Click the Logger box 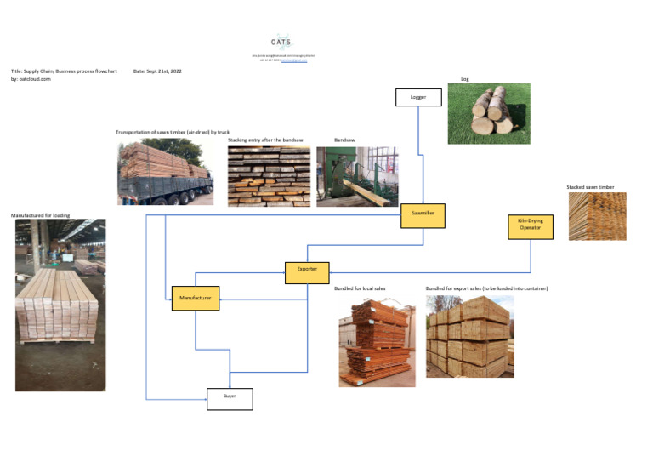[x=418, y=97]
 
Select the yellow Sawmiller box [x=423, y=216]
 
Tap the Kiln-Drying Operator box [x=530, y=225]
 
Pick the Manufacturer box [x=196, y=297]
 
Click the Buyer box [x=230, y=397]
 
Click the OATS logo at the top [x=281, y=42]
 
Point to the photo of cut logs [x=489, y=113]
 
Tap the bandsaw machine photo [x=356, y=176]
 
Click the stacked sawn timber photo [x=597, y=216]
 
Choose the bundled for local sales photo [x=377, y=341]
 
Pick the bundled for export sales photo [x=469, y=337]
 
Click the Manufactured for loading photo [x=60, y=305]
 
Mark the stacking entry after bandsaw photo [x=269, y=176]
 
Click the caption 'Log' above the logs [x=464, y=79]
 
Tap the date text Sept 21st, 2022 [x=157, y=71]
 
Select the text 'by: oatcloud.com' [x=31, y=78]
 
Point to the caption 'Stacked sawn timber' [x=590, y=187]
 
